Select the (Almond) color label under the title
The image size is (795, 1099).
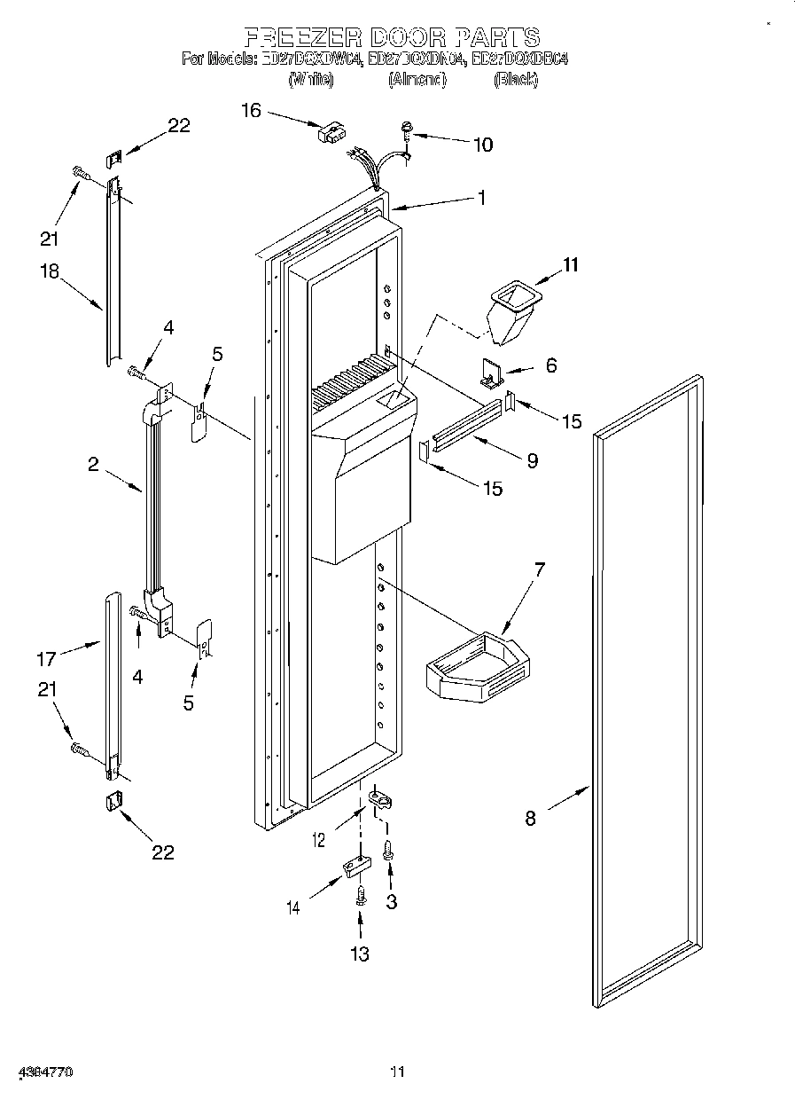click(417, 80)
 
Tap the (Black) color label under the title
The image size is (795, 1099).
click(515, 80)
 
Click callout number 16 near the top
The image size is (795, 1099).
click(251, 109)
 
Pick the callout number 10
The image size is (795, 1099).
click(483, 144)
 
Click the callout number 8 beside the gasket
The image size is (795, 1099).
click(530, 819)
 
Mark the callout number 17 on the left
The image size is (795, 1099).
click(46, 658)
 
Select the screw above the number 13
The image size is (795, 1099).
click(360, 897)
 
